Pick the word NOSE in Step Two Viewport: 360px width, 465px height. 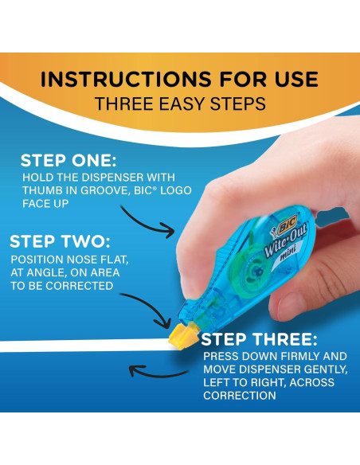tap(88, 260)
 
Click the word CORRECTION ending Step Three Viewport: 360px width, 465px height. tap(240, 395)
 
